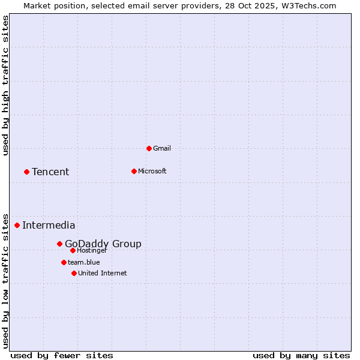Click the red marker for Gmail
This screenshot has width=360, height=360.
point(149,148)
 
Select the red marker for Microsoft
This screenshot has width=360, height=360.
point(134,171)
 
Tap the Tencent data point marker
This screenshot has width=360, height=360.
point(26,172)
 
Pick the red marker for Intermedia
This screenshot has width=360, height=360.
point(17,225)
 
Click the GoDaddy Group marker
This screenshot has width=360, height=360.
point(59,244)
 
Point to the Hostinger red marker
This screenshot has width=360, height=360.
point(73,250)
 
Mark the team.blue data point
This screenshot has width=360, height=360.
point(64,262)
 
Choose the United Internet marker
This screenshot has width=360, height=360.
point(74,273)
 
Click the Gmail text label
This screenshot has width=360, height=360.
point(162,148)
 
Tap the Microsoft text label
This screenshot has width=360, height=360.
point(152,171)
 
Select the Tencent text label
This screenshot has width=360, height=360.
point(50,172)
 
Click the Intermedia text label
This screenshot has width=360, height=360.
point(49,226)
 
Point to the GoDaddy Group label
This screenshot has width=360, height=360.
point(103,244)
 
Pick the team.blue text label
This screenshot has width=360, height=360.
point(84,262)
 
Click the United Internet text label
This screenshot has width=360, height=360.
point(103,273)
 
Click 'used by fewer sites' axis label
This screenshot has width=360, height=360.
point(62,355)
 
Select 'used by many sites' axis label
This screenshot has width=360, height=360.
point(301,355)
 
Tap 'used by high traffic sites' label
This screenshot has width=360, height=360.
point(6,85)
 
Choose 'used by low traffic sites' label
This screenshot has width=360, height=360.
point(6,280)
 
